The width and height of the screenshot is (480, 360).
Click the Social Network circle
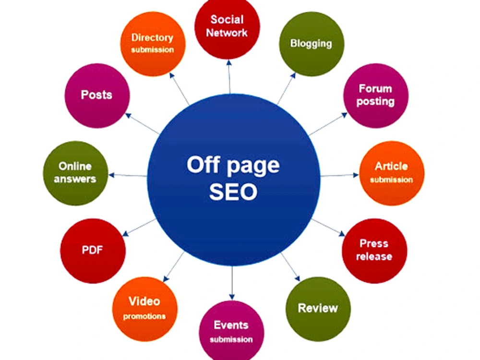pos(227,27)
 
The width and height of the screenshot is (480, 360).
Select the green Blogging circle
pos(312,44)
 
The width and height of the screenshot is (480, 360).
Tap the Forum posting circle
pos(376,96)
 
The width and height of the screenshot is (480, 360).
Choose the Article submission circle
pos(392,173)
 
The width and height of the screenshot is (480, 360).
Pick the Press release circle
pos(374,251)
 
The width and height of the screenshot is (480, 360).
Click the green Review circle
pos(318,309)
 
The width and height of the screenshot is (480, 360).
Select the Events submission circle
pos(231,331)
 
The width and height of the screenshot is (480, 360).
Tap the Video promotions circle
pos(145,309)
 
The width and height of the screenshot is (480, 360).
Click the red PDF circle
pos(93,251)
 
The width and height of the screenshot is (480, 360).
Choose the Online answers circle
pos(75,173)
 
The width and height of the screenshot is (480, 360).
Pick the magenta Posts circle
pos(97,96)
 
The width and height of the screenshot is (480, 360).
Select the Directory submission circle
pos(153,44)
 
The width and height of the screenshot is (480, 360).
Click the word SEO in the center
pos(233,192)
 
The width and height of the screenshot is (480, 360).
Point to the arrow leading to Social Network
pos(229,77)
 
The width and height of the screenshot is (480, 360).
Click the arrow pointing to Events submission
pos(232,283)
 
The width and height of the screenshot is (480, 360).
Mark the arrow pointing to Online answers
pos(128,175)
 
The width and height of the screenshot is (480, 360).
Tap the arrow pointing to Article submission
pos(339,175)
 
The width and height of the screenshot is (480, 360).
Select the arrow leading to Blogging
pos(287,88)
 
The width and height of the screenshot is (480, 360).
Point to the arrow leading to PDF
pos(139,228)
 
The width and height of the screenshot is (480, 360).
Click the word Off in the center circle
pos(203,165)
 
